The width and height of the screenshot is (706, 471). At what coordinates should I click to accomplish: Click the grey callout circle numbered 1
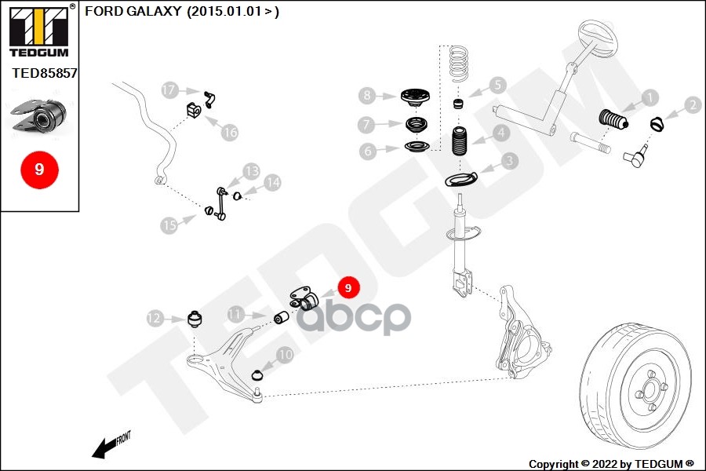point(649,98)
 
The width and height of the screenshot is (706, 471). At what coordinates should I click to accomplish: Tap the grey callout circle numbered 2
point(692,104)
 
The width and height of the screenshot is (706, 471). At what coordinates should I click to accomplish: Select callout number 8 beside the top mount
point(368,96)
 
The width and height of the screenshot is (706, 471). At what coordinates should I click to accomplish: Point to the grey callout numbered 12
point(155,318)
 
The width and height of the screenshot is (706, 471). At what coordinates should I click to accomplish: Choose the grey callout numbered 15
point(169,225)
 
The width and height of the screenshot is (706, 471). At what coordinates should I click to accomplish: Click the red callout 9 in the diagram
point(348,288)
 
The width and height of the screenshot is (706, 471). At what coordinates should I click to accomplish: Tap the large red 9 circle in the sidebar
point(39,169)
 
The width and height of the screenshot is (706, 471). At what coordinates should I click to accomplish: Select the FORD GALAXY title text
point(181,12)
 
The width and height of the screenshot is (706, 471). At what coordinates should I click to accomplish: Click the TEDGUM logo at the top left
point(39,31)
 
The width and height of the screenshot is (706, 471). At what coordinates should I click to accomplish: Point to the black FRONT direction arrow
point(103,449)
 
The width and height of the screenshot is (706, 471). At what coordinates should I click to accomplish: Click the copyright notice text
point(611,463)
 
